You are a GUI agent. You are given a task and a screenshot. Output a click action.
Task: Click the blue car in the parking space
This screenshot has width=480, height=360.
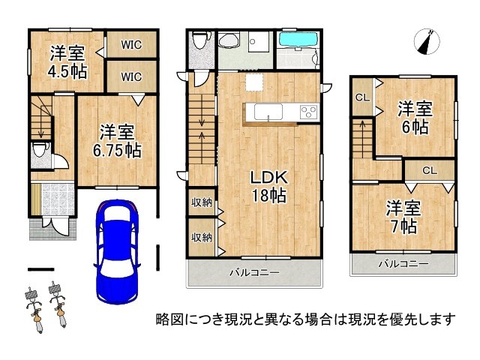(117, 252)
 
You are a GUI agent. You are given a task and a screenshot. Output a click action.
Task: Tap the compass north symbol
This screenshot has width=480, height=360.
(427, 42)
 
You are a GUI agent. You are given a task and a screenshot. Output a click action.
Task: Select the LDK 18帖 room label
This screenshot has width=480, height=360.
(269, 186)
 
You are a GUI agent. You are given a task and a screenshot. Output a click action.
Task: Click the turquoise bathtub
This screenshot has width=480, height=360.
(298, 40)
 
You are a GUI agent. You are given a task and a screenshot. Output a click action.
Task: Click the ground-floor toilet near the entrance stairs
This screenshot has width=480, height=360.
(40, 150)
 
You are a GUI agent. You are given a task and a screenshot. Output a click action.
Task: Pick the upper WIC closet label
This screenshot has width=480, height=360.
(132, 45)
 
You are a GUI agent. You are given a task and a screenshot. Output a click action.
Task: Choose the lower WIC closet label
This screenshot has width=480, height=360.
(132, 76)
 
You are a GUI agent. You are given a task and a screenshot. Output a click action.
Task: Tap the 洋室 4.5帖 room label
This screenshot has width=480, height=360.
(67, 62)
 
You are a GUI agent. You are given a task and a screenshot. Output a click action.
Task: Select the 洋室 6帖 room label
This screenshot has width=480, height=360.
(415, 118)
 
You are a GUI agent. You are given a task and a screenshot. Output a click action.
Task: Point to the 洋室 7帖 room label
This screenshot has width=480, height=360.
(403, 217)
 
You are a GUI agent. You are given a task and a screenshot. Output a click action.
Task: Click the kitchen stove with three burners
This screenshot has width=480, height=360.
(309, 112)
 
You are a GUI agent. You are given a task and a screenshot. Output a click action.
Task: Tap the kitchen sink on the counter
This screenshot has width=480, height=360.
(268, 112)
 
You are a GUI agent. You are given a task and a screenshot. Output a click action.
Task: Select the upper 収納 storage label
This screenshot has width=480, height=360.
(202, 202)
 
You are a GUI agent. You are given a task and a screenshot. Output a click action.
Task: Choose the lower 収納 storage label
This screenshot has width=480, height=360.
(202, 237)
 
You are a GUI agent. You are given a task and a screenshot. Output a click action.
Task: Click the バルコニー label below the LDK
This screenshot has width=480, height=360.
(255, 272)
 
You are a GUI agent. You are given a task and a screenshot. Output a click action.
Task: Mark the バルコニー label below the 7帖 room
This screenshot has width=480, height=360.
(403, 263)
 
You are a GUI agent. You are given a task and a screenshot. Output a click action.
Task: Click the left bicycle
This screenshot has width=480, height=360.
(34, 310)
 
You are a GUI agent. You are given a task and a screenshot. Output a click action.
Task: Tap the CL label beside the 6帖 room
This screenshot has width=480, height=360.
(362, 97)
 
